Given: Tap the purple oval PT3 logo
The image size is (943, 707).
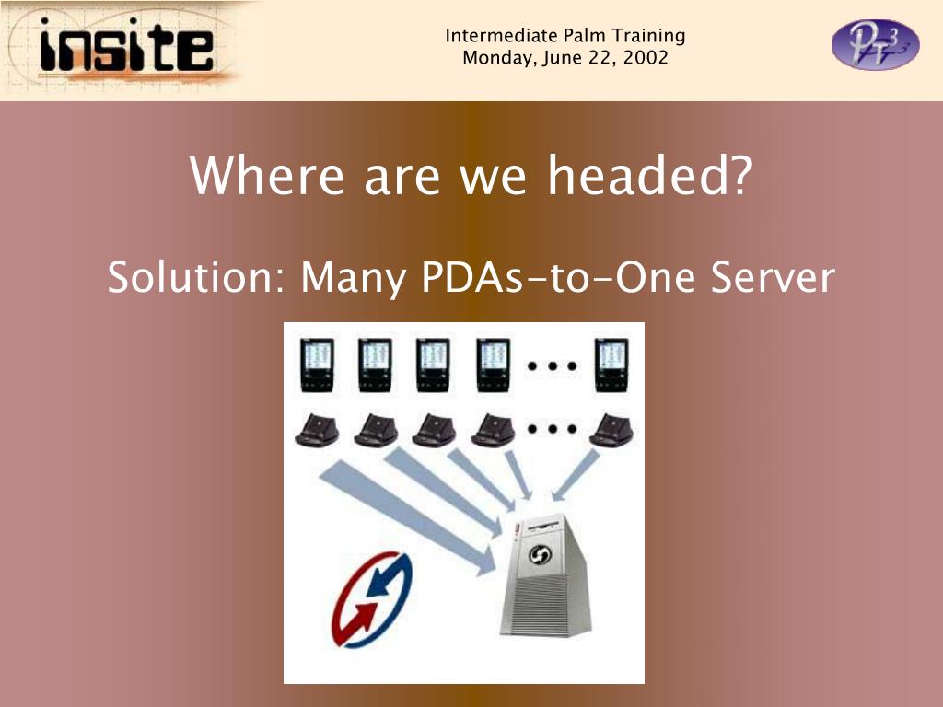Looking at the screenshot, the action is point(875,44).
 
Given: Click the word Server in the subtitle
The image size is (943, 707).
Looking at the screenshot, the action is point(773,277).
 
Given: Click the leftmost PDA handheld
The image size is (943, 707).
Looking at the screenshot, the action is point(317,365).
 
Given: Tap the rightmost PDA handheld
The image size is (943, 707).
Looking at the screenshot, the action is point(612,365).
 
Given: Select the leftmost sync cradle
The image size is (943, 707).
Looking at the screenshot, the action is point(317,431).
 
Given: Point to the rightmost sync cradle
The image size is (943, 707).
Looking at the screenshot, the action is point(611,431).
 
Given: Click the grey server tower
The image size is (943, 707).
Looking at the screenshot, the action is point(544,575).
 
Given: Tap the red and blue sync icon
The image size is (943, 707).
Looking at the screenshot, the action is point(373,599).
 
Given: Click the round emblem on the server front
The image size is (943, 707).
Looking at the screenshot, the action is point(540,555).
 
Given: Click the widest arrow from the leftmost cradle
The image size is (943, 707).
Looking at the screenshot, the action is point(408,518).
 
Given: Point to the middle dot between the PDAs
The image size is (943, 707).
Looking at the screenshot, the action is point(553,365).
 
